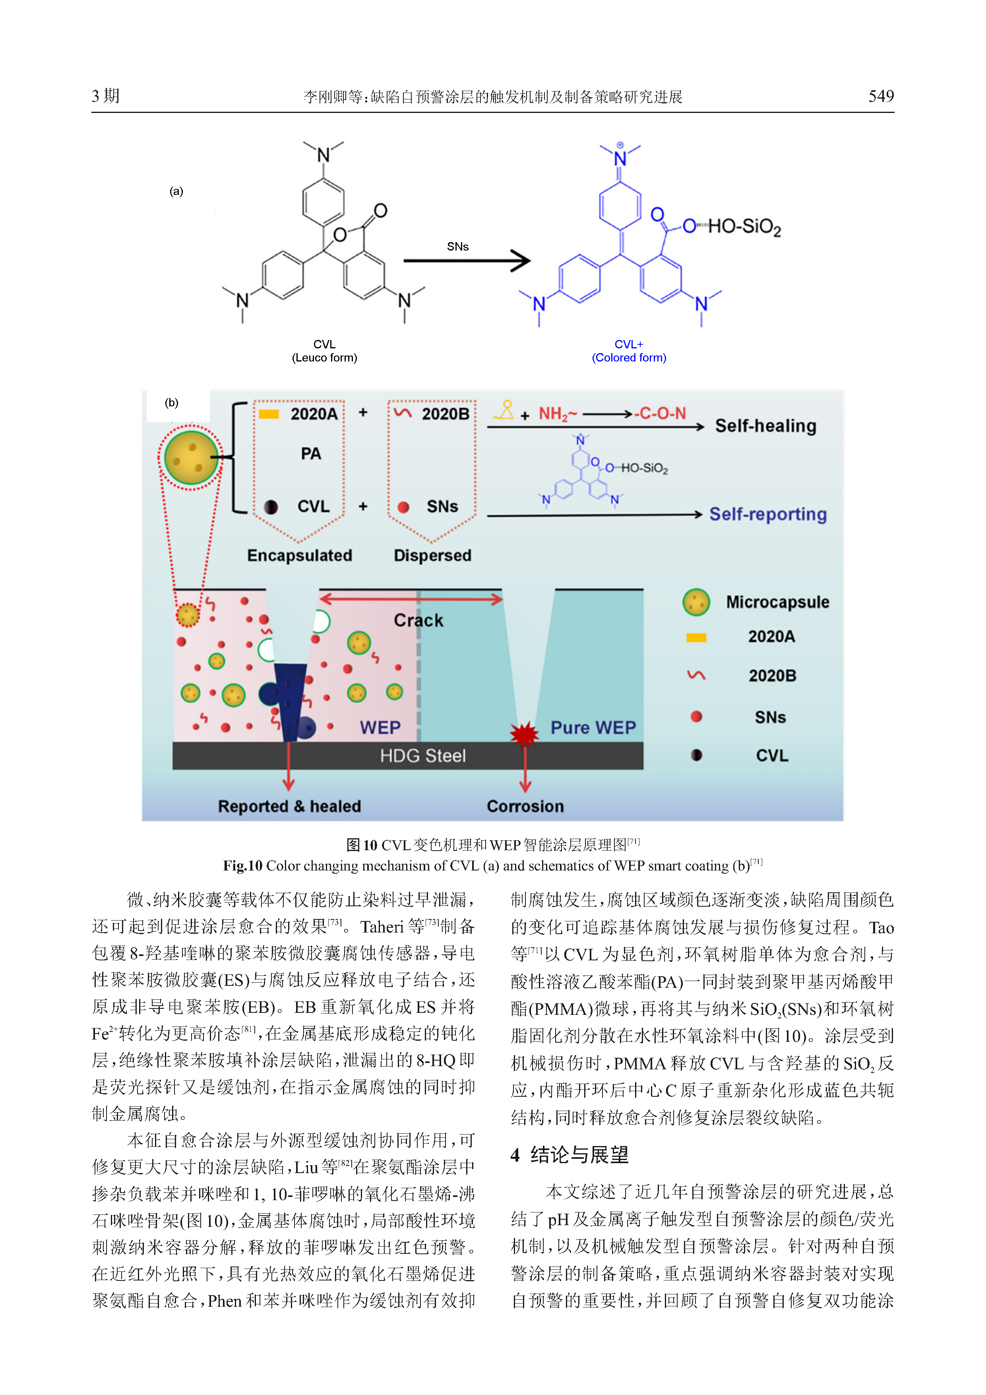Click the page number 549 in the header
click(880, 96)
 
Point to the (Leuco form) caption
click(324, 358)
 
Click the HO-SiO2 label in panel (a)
click(744, 227)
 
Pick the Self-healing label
click(765, 426)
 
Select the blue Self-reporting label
click(767, 514)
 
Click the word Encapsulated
click(299, 555)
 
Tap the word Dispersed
click(432, 555)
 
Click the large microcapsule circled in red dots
click(191, 457)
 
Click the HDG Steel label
click(422, 756)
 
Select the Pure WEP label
click(593, 727)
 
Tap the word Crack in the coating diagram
click(418, 620)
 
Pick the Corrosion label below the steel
click(525, 806)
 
